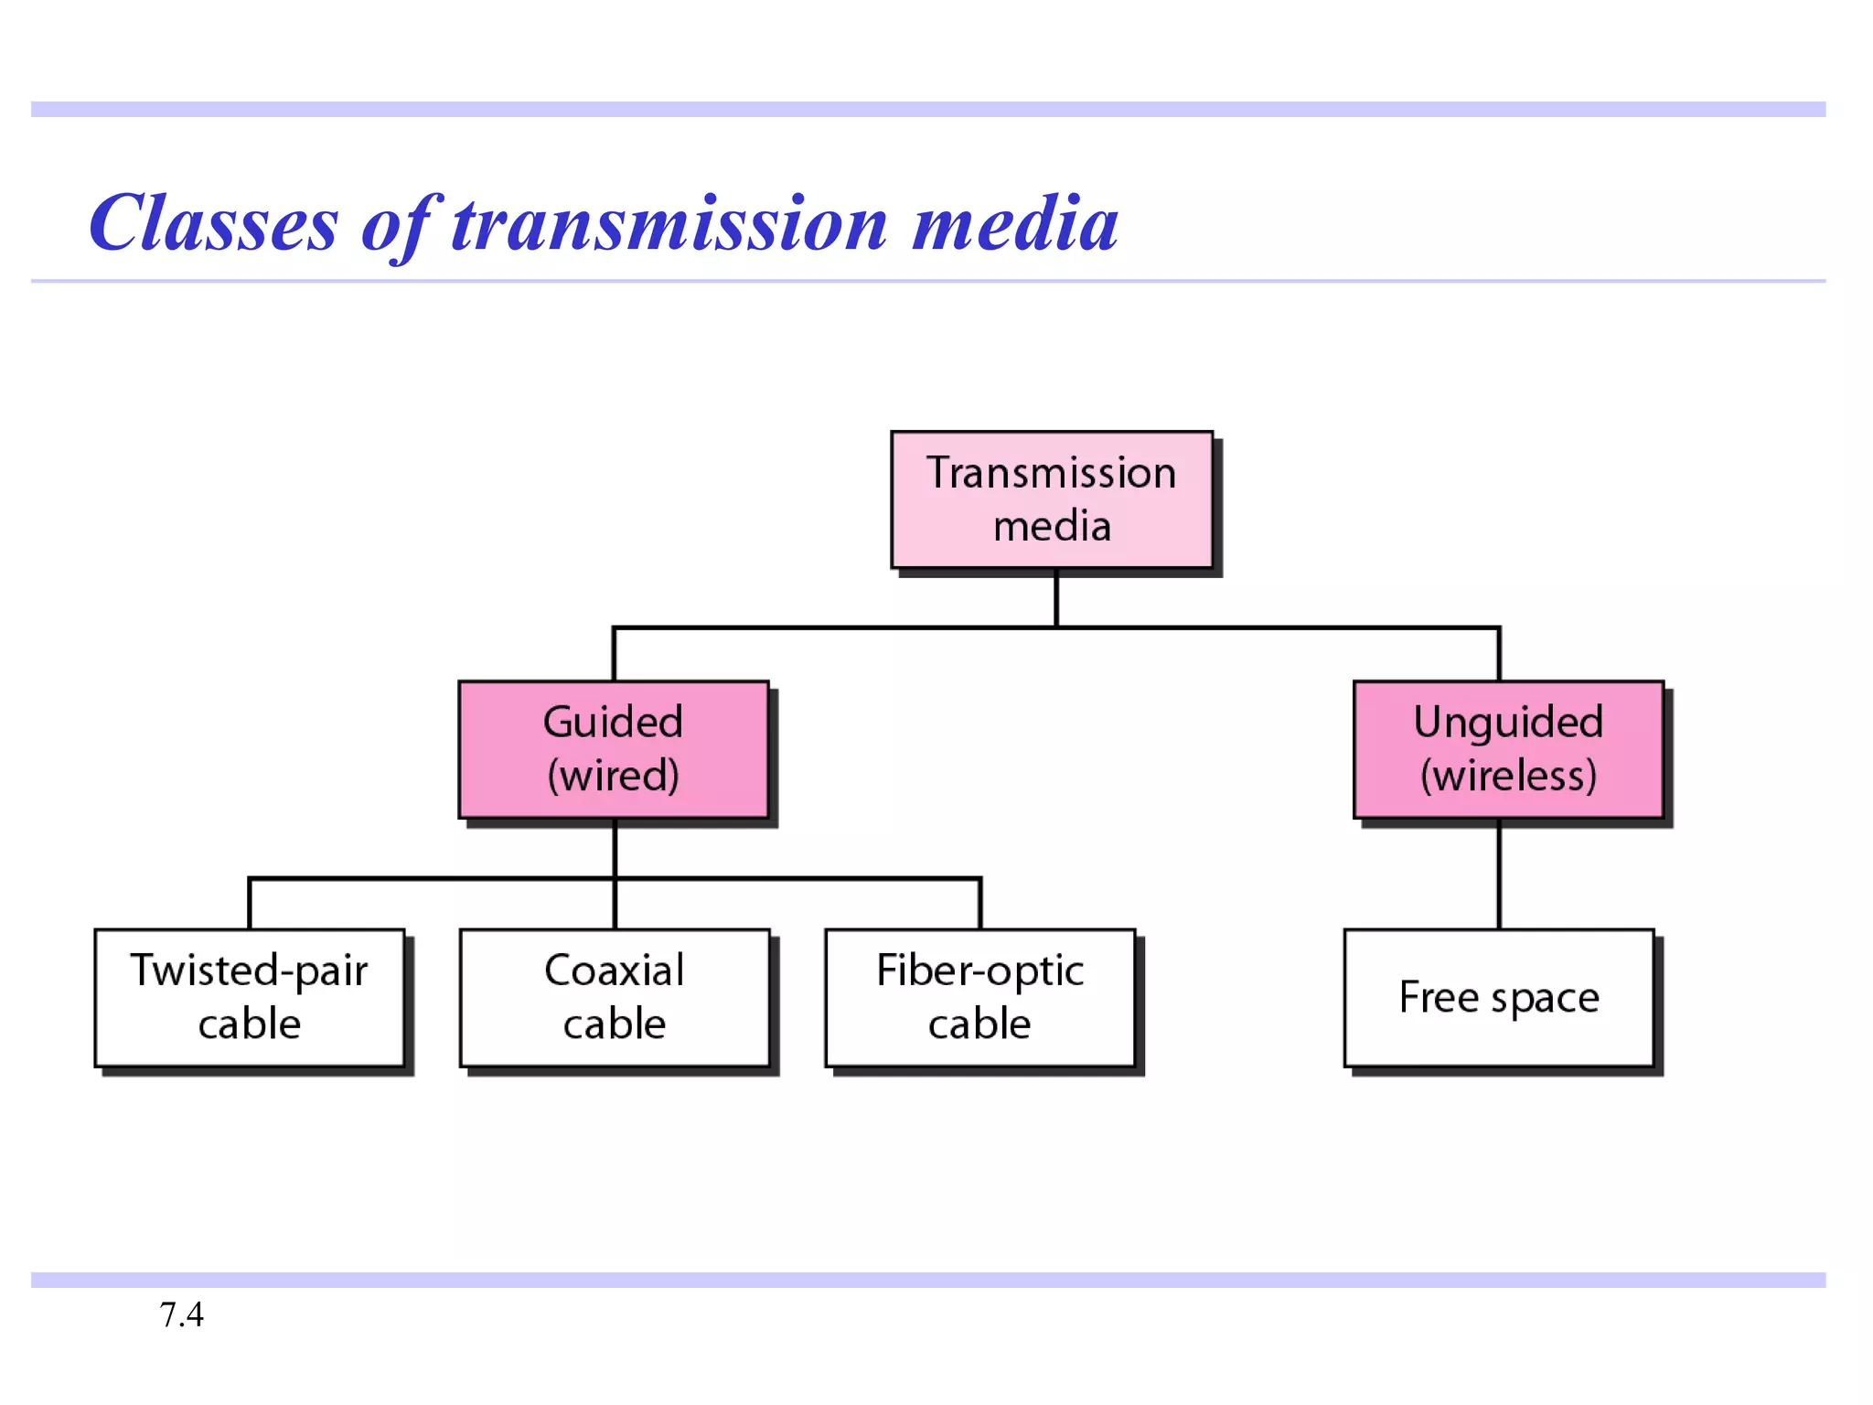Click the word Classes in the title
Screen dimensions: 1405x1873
click(x=214, y=224)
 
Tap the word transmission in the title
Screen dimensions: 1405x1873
click(x=669, y=224)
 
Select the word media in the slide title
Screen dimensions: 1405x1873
click(x=1015, y=224)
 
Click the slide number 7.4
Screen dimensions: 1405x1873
click(x=181, y=1314)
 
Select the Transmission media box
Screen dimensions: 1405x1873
click(x=1052, y=499)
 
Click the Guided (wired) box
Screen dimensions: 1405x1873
click(x=613, y=749)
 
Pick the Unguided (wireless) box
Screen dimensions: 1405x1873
click(x=1508, y=749)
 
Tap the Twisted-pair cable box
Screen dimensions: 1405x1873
click(x=249, y=998)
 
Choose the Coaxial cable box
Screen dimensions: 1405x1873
click(x=614, y=998)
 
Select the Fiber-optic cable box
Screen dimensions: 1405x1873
click(x=979, y=998)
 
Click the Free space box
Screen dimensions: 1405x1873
click(x=1499, y=998)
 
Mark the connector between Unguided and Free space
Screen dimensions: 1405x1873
click(x=1499, y=874)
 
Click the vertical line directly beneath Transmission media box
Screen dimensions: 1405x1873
click(x=1056, y=598)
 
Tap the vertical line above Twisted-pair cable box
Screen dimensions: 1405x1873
click(x=250, y=904)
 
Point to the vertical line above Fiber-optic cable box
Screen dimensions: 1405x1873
click(x=980, y=904)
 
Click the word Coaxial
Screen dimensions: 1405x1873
click(x=614, y=971)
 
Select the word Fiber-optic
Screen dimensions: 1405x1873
click(x=979, y=971)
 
